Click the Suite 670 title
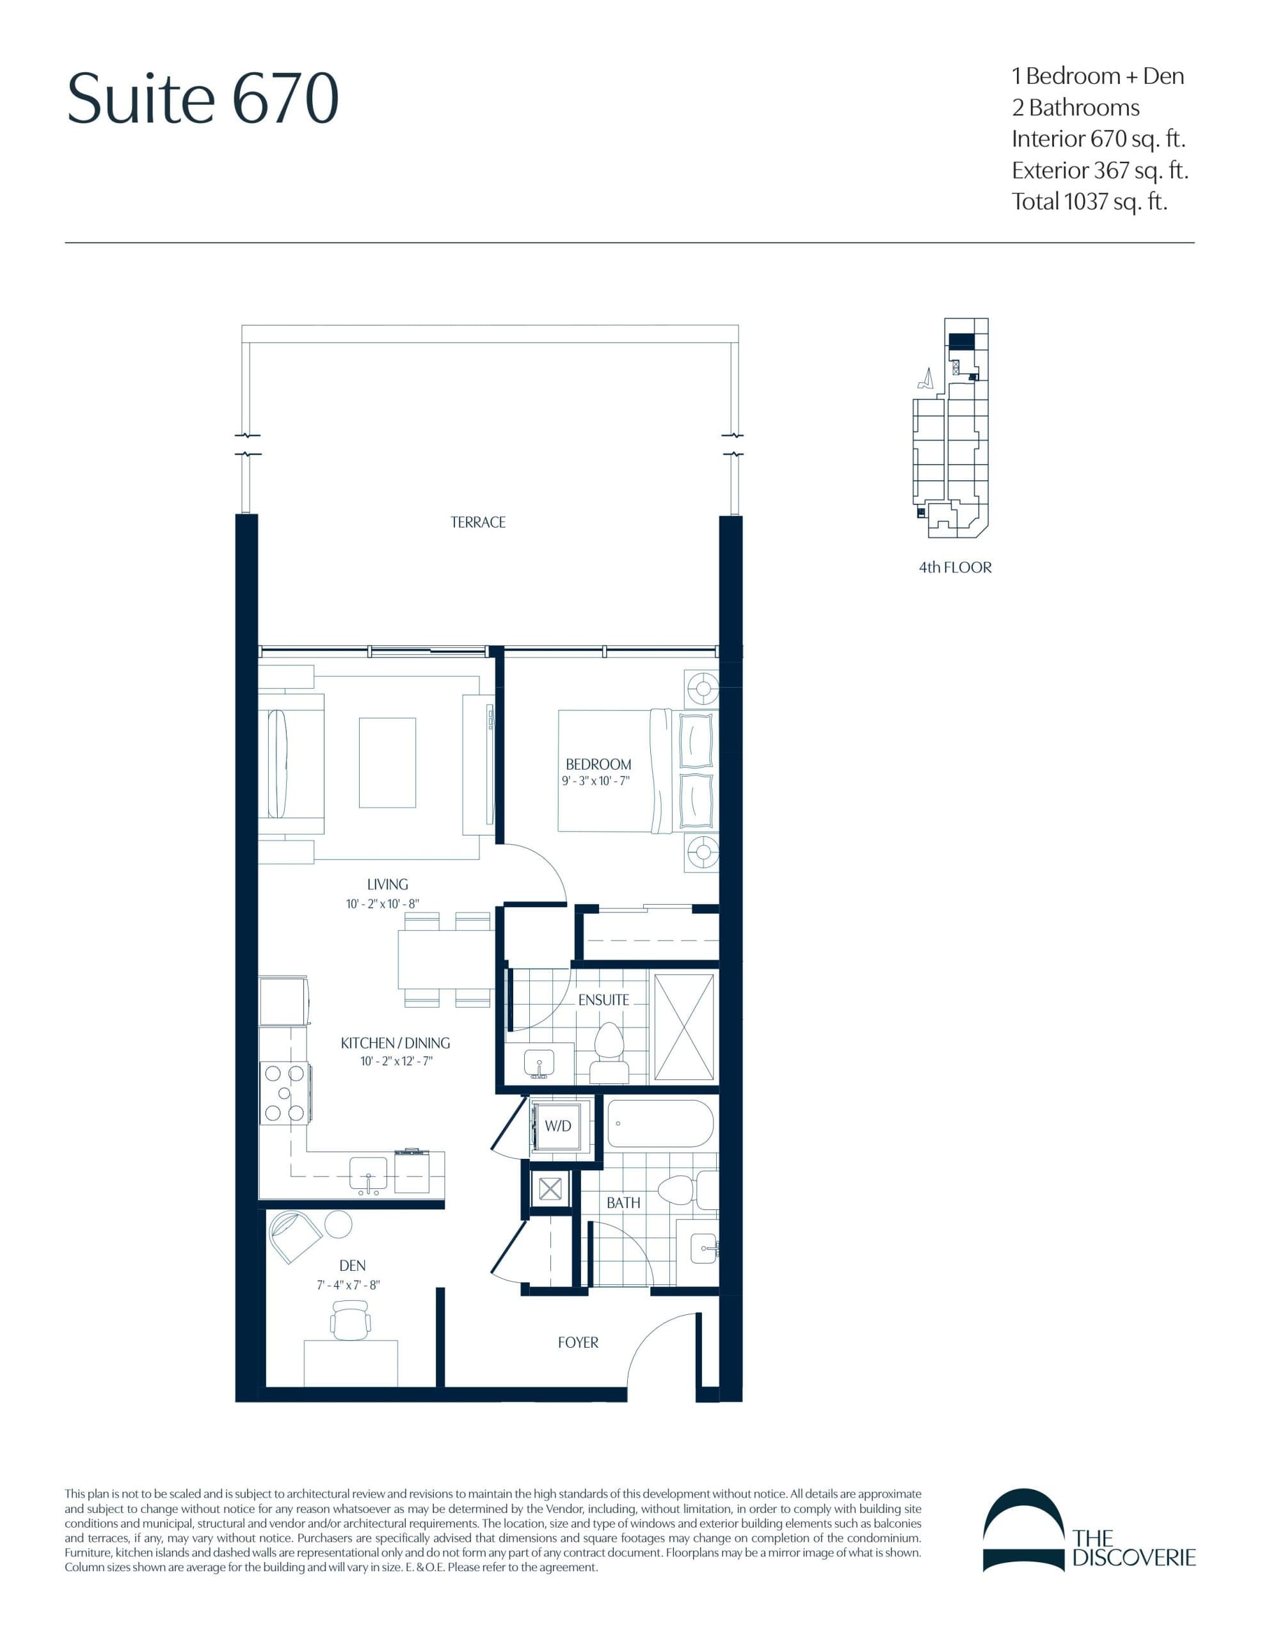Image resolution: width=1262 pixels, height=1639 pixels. pyautogui.click(x=203, y=99)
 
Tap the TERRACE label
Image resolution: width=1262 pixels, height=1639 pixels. pyautogui.click(x=477, y=522)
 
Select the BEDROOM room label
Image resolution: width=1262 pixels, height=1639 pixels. pyautogui.click(x=598, y=764)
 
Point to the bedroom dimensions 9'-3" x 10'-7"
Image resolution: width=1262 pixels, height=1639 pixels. pyautogui.click(x=595, y=781)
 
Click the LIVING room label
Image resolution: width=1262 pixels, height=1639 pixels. pyautogui.click(x=387, y=884)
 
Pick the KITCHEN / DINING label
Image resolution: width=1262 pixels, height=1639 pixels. pyautogui.click(x=395, y=1042)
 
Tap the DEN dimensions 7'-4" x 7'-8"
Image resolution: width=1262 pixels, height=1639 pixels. pyautogui.click(x=348, y=1285)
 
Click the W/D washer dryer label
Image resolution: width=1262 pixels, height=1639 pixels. pyautogui.click(x=557, y=1126)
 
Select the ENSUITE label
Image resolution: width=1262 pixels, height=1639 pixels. pyautogui.click(x=603, y=999)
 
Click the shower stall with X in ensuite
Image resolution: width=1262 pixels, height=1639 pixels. pyautogui.click(x=683, y=1028)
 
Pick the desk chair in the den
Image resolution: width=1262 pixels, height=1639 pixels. pyautogui.click(x=351, y=1320)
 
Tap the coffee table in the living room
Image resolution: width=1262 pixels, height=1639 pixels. pyautogui.click(x=387, y=763)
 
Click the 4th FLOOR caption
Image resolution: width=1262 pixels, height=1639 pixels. pyautogui.click(x=954, y=567)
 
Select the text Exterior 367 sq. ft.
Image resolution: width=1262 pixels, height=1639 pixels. pyautogui.click(x=1099, y=170)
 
